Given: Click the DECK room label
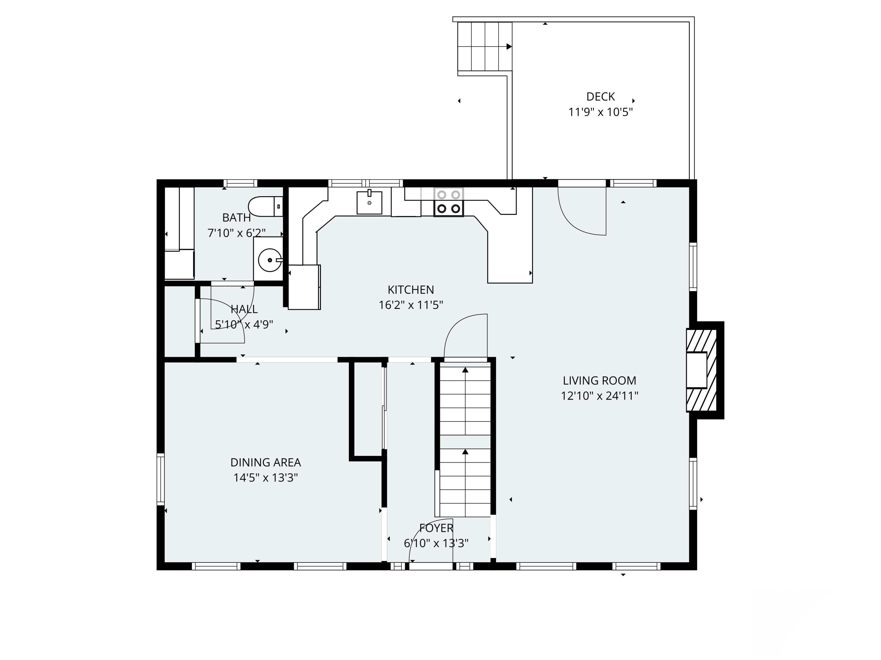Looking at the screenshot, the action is click(x=600, y=97).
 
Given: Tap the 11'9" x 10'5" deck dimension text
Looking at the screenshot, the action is click(x=600, y=112).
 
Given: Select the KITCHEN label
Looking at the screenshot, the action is click(x=411, y=290).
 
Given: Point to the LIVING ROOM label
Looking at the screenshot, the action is click(x=599, y=381).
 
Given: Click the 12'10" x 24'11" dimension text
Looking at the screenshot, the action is click(x=599, y=396).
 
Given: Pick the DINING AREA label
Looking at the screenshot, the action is click(x=266, y=462).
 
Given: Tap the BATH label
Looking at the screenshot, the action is click(x=237, y=218).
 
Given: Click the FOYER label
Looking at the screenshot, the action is click(x=436, y=528).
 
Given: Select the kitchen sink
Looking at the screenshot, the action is click(x=369, y=202).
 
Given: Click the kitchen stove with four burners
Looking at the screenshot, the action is click(x=448, y=202).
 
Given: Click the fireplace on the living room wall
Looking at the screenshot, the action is click(x=702, y=370).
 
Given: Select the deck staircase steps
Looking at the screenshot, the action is click(x=485, y=47).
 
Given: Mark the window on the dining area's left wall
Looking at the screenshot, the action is click(x=161, y=479).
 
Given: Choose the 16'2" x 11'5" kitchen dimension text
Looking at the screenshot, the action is click(x=411, y=305).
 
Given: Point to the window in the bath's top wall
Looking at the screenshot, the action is click(x=240, y=183).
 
